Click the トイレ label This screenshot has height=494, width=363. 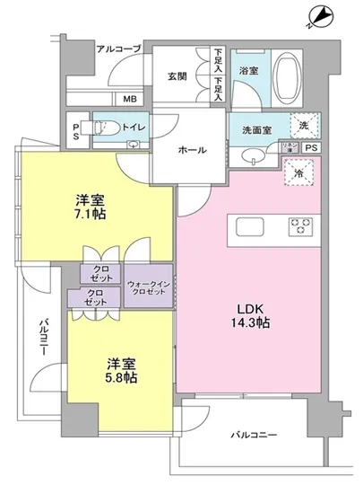134,128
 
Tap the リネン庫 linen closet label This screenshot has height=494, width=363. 290,147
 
